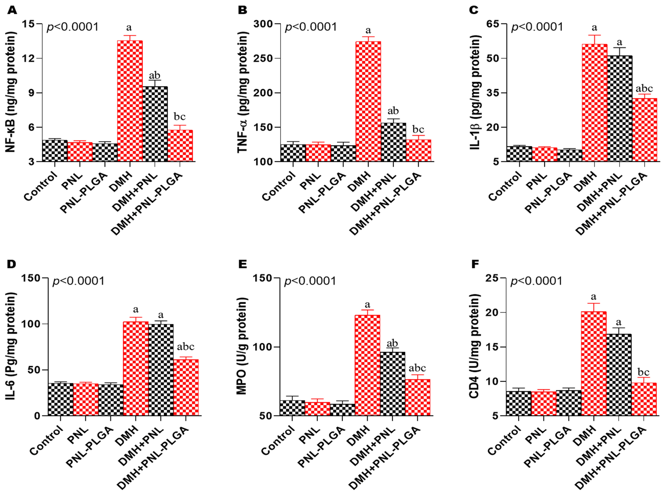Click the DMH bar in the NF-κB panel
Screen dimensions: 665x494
130,101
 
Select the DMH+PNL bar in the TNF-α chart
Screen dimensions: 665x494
393,142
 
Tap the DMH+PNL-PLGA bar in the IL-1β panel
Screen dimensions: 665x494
644,130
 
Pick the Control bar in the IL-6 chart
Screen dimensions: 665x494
61,399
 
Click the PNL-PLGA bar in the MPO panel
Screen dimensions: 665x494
342,410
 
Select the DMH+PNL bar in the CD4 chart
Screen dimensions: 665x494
619,375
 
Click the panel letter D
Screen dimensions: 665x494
12,264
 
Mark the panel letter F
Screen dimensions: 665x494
475,264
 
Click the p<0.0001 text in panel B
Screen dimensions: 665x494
311,27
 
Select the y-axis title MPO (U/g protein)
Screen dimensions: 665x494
242,346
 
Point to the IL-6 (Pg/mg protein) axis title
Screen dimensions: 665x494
11,346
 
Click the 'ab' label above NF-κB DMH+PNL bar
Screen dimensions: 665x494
155,75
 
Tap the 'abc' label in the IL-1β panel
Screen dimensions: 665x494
644,88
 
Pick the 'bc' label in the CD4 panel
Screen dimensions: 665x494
643,372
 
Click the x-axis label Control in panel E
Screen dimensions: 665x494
278,440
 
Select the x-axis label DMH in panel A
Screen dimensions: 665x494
121,182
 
